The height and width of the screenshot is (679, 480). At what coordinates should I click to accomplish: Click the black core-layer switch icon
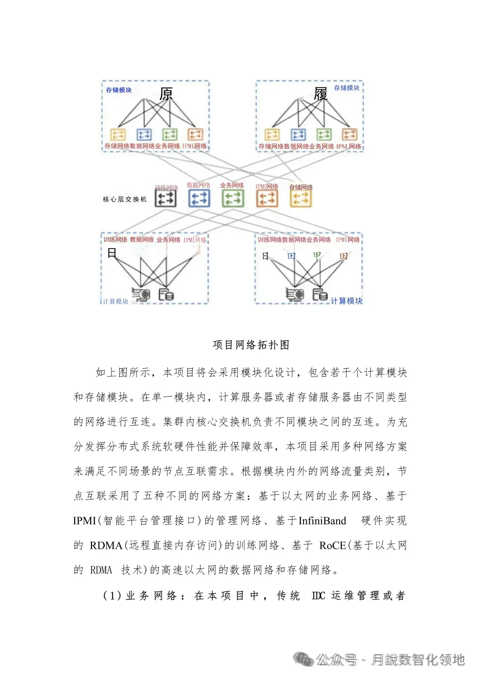pos(165,198)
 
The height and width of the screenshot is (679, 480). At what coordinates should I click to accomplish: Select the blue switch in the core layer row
pos(199,198)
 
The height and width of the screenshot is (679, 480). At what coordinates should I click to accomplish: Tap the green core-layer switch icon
pos(233,198)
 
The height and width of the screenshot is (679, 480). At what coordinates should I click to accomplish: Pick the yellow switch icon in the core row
pos(300,198)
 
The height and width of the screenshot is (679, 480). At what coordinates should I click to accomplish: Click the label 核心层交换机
pos(124,199)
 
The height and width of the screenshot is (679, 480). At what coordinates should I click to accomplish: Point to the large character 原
pos(166,94)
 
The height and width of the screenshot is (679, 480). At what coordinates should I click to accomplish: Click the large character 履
pos(320,94)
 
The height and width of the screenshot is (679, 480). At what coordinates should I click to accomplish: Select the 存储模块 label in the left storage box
pos(119,90)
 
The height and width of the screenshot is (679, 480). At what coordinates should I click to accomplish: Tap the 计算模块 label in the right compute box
pos(346,301)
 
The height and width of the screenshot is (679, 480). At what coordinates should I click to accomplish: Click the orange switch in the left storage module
pos(195,134)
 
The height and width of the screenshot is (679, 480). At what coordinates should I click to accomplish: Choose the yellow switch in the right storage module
pos(272,134)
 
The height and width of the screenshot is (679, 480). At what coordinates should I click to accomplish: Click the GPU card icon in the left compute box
pos(141,294)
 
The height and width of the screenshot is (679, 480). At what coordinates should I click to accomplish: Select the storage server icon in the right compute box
pos(320,294)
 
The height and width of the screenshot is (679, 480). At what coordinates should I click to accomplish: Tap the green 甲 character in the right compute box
pos(317,256)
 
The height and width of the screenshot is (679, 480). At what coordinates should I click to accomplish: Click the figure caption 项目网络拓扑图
pos(251,345)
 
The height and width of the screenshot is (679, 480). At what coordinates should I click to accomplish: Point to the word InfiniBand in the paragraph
pos(322,521)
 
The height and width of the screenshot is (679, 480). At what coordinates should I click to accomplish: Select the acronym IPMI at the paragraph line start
pos(84,521)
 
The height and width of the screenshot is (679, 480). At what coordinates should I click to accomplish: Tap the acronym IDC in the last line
pos(318,595)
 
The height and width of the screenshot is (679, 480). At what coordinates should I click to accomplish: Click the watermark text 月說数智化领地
pos(418,660)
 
